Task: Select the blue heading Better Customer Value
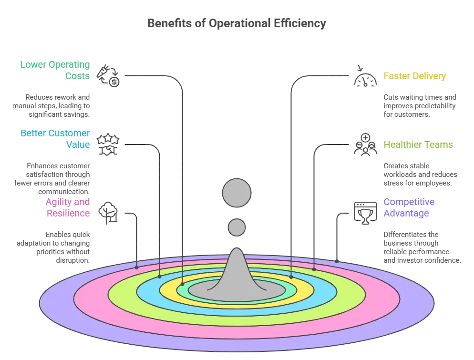click(x=55, y=138)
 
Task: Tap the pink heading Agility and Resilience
click(x=68, y=207)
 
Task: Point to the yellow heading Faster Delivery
click(x=414, y=76)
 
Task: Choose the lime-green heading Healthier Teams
click(x=418, y=144)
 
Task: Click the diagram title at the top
click(x=237, y=23)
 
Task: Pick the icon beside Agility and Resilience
click(x=109, y=210)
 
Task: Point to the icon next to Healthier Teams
click(x=364, y=144)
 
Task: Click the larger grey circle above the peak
click(x=237, y=193)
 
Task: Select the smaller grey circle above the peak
click(x=237, y=227)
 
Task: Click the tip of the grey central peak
click(x=237, y=250)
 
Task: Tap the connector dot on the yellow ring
click(x=291, y=276)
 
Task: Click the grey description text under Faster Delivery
click(x=420, y=105)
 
